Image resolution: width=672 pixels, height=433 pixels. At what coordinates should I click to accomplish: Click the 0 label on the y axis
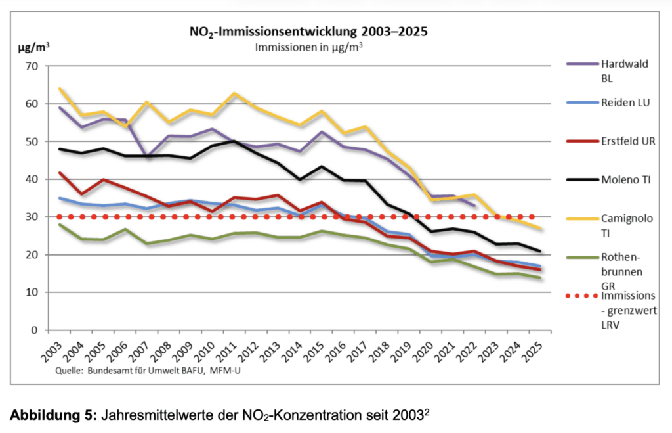pyautogui.click(x=34, y=330)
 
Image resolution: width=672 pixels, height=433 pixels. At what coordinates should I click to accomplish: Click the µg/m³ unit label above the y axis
pyautogui.click(x=32, y=47)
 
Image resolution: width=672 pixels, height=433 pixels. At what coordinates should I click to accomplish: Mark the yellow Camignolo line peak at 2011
pyautogui.click(x=234, y=93)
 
